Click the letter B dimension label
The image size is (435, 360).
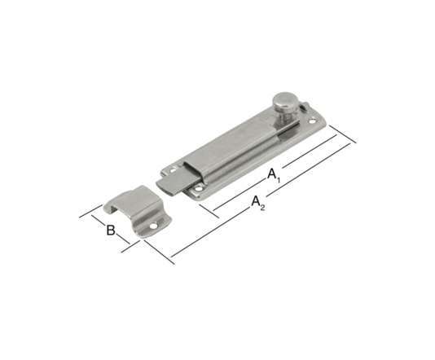click(x=111, y=230)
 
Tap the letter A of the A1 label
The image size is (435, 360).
click(x=272, y=174)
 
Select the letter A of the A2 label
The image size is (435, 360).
click(x=256, y=201)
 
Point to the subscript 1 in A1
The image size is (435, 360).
click(x=279, y=180)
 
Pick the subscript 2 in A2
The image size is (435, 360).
click(x=263, y=208)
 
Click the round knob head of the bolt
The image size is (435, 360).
click(x=284, y=101)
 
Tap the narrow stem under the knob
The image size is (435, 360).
click(x=283, y=116)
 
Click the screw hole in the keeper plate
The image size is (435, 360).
click(x=152, y=226)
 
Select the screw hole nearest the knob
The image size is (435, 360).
click(x=313, y=121)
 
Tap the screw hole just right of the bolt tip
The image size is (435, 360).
click(x=198, y=189)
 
